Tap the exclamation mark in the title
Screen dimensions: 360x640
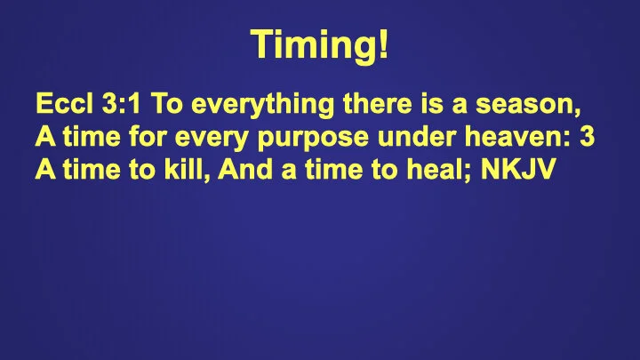[x=383, y=44]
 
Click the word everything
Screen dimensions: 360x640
[x=257, y=107]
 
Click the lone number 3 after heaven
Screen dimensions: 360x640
[x=588, y=138]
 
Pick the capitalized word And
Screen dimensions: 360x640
[x=244, y=170]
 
